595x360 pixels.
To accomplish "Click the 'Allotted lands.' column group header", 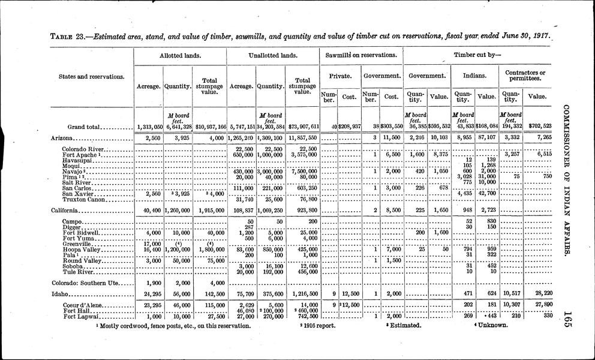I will (x=180, y=56).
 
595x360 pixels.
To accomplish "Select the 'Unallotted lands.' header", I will (x=273, y=56).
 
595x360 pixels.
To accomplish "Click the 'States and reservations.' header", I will (x=91, y=76).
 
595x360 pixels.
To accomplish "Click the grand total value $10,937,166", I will (x=209, y=127).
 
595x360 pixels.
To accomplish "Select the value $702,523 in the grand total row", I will (x=539, y=126).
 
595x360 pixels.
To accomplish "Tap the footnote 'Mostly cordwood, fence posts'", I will (x=174, y=326).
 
